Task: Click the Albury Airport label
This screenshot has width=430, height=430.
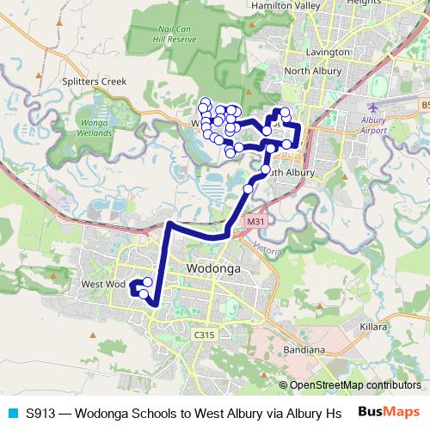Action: point(374,125)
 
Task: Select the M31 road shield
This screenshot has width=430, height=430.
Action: point(254,222)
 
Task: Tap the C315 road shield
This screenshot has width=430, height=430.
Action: point(203,335)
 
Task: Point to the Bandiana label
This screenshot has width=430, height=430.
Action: point(304,350)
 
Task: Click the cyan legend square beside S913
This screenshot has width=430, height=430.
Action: point(12,413)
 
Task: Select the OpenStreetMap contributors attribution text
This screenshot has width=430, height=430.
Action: point(353,385)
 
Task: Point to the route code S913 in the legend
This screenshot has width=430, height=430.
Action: point(40,413)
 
